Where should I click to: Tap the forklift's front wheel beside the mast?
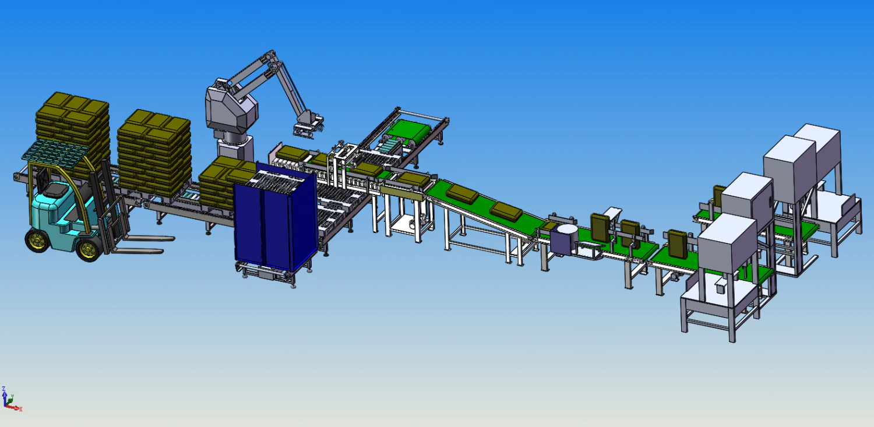pos(89,250)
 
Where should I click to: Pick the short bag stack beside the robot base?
pos(224,181)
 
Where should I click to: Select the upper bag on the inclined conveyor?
pos(462,192)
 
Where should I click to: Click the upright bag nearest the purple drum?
pos(600,227)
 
